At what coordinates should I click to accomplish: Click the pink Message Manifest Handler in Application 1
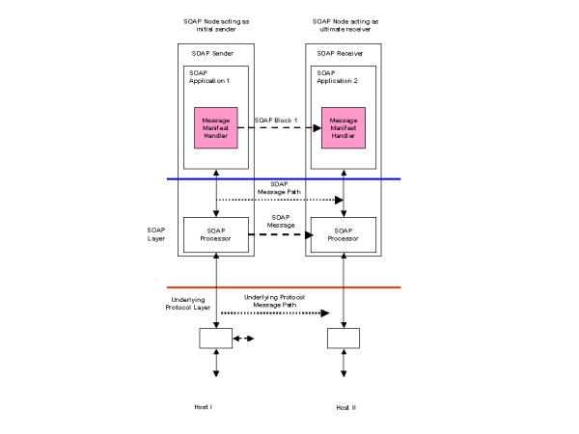(x=215, y=127)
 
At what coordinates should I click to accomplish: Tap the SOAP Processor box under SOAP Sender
(x=215, y=234)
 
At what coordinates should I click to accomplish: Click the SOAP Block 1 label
(x=276, y=121)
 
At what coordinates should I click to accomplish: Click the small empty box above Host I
(x=215, y=339)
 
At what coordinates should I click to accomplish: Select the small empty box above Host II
(x=344, y=339)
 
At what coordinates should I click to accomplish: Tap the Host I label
(x=203, y=407)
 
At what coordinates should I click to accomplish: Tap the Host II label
(x=345, y=408)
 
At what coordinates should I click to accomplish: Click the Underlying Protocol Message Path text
(x=275, y=301)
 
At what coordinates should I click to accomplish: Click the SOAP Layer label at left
(x=155, y=234)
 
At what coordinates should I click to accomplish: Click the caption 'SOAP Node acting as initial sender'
(x=215, y=24)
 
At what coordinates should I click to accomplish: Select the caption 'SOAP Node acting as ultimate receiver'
(x=345, y=24)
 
